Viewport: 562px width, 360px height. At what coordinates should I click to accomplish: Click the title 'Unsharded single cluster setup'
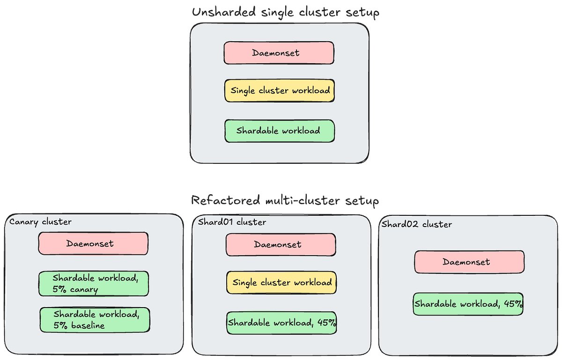286,12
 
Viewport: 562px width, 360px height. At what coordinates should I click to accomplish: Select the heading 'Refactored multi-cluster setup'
285,201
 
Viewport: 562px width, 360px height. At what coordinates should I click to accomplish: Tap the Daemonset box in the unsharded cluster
279,53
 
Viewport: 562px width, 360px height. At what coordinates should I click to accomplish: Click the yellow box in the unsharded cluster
279,91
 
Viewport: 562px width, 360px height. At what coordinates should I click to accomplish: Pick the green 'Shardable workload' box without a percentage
279,131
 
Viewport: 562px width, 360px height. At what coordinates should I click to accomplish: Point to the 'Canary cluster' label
41,221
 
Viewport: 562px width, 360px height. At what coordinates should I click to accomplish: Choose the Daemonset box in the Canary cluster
93,243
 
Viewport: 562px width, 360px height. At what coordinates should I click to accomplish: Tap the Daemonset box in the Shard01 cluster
281,245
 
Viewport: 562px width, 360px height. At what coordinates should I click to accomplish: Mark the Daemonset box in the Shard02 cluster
469,262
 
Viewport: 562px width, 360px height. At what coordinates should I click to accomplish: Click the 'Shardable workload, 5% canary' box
94,284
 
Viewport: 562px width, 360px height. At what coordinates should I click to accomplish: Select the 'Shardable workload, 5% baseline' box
95,320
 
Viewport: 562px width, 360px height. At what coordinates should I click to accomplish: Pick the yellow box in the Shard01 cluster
281,282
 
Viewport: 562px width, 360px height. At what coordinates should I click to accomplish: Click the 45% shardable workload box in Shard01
281,323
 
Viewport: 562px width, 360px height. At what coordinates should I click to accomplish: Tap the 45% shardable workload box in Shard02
468,304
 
